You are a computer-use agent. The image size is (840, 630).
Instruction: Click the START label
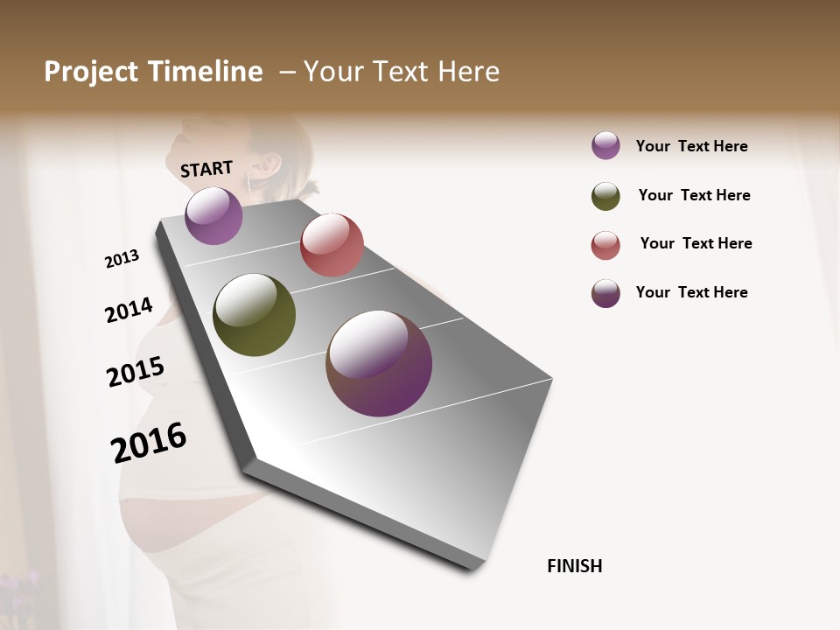tap(206, 168)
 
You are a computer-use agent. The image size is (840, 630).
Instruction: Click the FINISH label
tap(574, 566)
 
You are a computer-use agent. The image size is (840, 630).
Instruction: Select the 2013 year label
tap(122, 259)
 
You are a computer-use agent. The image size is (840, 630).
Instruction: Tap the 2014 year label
tap(129, 310)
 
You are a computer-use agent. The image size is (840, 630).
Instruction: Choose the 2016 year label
tap(149, 442)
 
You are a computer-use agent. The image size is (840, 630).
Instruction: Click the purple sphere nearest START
tap(213, 215)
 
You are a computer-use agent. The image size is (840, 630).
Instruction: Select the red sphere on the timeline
tap(332, 245)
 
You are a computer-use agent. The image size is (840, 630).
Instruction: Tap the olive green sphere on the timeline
tap(254, 315)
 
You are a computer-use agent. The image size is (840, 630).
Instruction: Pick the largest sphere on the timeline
tap(379, 363)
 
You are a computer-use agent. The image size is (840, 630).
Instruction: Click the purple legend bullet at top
tap(605, 145)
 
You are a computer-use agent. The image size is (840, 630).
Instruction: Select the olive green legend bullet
tap(605, 196)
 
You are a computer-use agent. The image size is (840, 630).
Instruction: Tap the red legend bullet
tap(605, 245)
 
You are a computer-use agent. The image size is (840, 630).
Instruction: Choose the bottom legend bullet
tap(605, 293)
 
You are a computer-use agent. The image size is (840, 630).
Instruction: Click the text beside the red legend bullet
tap(696, 243)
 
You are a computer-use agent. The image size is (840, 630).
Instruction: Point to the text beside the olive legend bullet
tap(694, 195)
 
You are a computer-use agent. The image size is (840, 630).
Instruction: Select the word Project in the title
tap(92, 72)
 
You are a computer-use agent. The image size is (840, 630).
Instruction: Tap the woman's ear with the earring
tap(269, 164)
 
